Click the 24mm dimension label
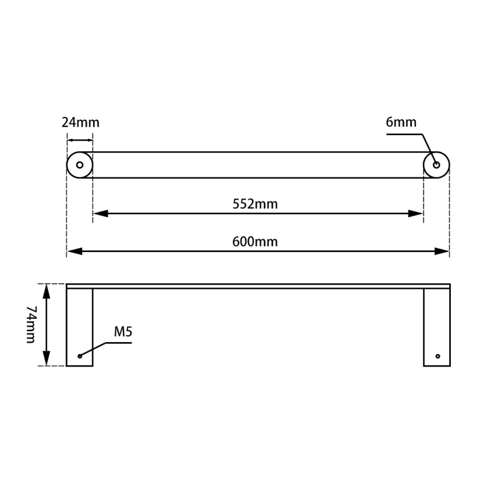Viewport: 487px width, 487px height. (80, 122)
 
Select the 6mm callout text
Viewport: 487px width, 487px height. (401, 121)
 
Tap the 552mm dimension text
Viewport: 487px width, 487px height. (255, 203)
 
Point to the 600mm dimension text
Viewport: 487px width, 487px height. (255, 241)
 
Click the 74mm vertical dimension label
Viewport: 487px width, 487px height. (31, 324)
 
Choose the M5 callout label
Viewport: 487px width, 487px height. (123, 331)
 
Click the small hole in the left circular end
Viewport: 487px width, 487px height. (80, 165)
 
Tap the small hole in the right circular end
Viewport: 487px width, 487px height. (437, 165)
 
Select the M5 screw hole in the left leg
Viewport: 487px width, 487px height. (80, 356)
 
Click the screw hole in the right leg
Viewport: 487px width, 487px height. (438, 356)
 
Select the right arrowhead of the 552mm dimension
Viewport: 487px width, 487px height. (417, 213)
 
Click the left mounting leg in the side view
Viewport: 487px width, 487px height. (80, 327)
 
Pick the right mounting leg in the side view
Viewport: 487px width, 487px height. (437, 327)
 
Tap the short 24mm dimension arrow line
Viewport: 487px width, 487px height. (80, 140)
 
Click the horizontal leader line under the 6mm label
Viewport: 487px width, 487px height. (404, 135)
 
